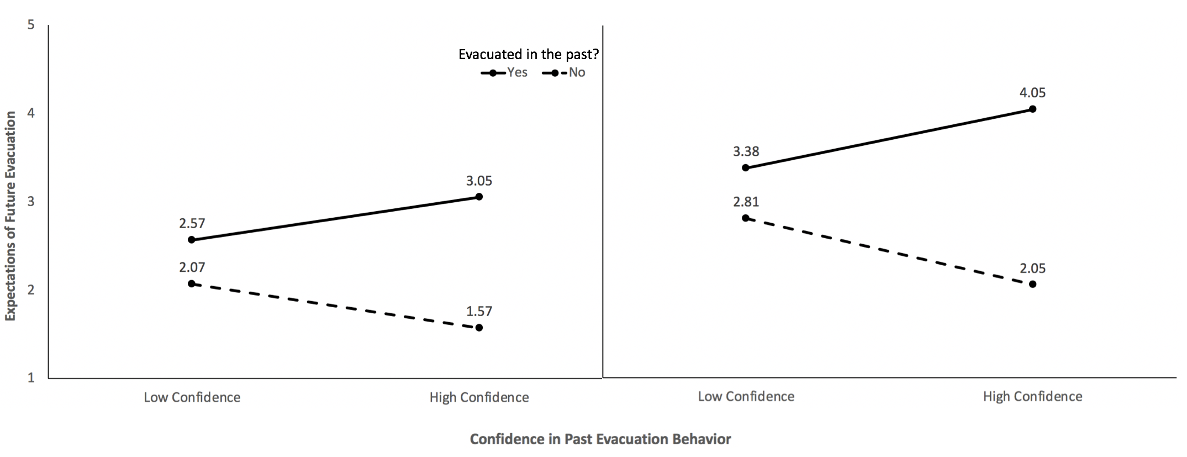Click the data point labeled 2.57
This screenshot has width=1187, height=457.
click(x=192, y=240)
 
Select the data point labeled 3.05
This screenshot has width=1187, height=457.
click(x=479, y=197)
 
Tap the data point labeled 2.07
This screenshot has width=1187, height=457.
click(x=192, y=283)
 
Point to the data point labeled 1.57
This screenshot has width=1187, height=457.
click(x=479, y=328)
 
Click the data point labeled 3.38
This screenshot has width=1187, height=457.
click(x=746, y=167)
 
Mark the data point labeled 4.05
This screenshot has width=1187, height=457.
click(x=1033, y=109)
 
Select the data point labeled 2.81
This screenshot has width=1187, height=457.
click(x=746, y=218)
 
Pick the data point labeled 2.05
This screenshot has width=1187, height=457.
click(x=1033, y=284)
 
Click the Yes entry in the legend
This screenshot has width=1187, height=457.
click(x=505, y=72)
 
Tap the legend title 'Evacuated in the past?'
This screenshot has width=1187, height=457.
click(x=529, y=54)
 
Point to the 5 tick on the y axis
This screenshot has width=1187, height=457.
click(x=31, y=25)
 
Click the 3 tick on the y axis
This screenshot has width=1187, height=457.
click(x=31, y=201)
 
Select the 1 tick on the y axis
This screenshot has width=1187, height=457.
click(x=31, y=377)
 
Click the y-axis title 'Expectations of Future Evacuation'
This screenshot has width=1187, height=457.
click(x=10, y=216)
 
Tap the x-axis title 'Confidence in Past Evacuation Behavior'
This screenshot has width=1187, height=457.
click(x=600, y=439)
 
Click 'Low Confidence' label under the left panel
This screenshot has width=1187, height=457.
click(x=192, y=397)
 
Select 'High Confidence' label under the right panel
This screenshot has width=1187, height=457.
click(x=1032, y=396)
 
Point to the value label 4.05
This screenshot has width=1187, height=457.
click(x=1032, y=93)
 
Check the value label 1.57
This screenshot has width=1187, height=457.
click(x=479, y=311)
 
